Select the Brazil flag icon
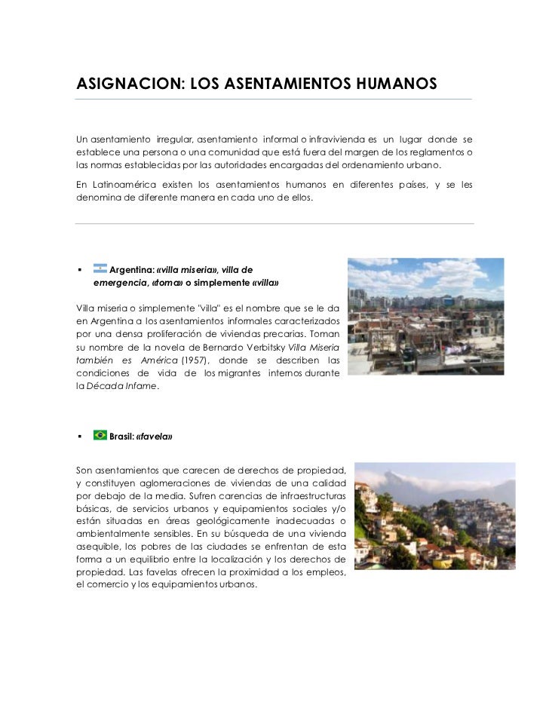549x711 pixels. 100,436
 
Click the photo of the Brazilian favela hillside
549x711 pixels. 414,516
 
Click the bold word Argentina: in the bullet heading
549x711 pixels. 131,271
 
